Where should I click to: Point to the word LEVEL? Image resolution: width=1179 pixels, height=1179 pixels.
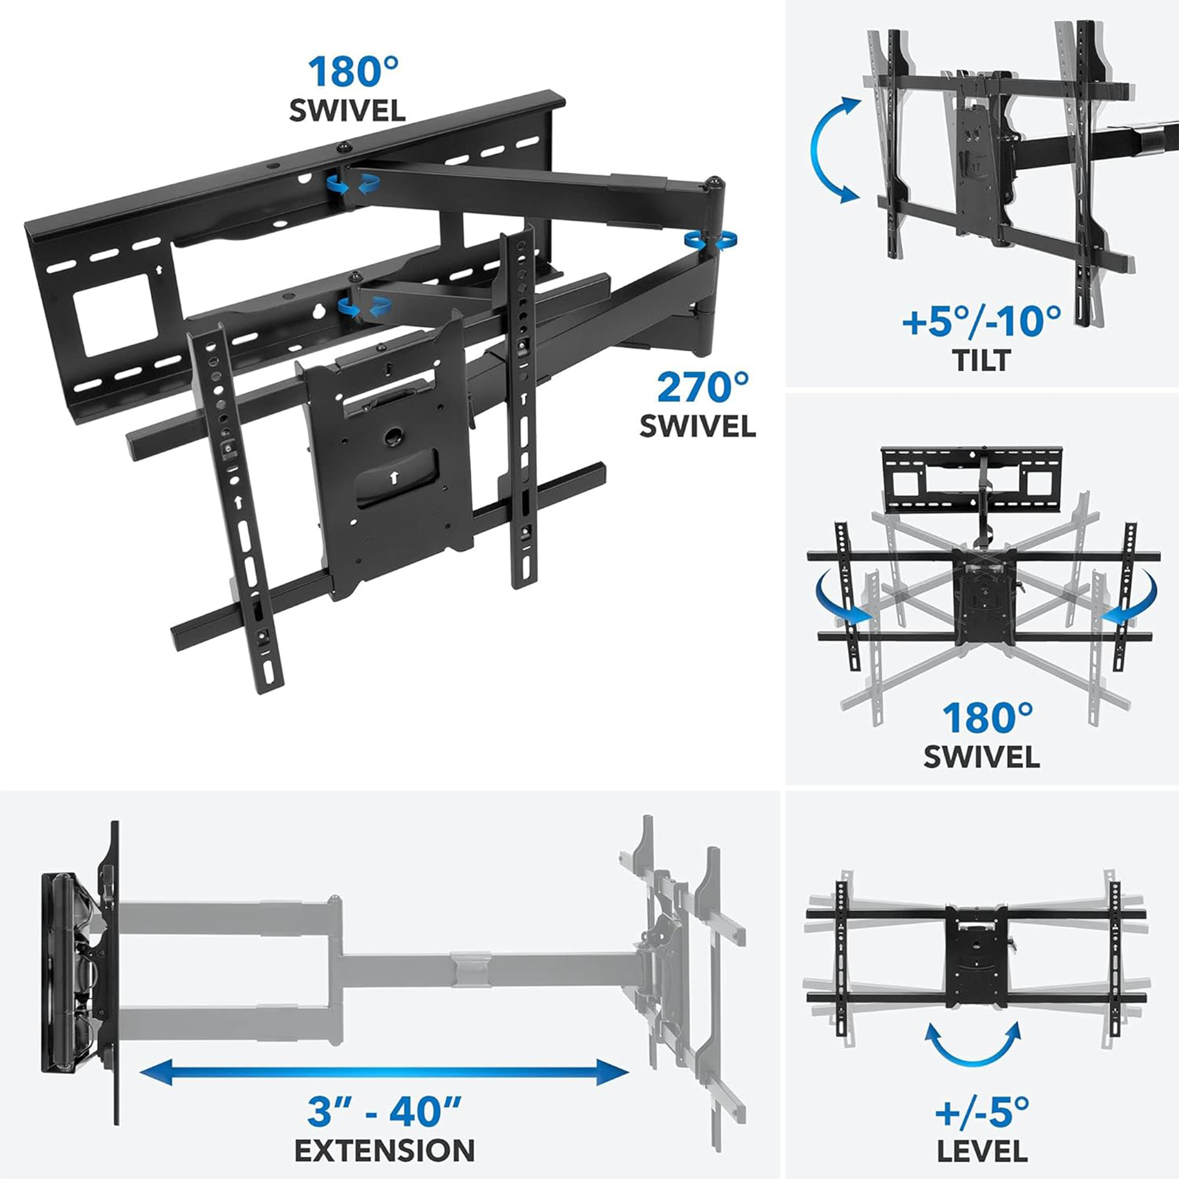(982, 1151)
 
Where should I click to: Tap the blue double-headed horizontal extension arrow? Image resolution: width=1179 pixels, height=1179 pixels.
(384, 1072)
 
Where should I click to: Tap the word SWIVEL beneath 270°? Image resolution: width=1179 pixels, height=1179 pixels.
(697, 426)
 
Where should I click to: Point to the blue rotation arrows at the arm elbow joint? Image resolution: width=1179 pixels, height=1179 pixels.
(710, 241)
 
